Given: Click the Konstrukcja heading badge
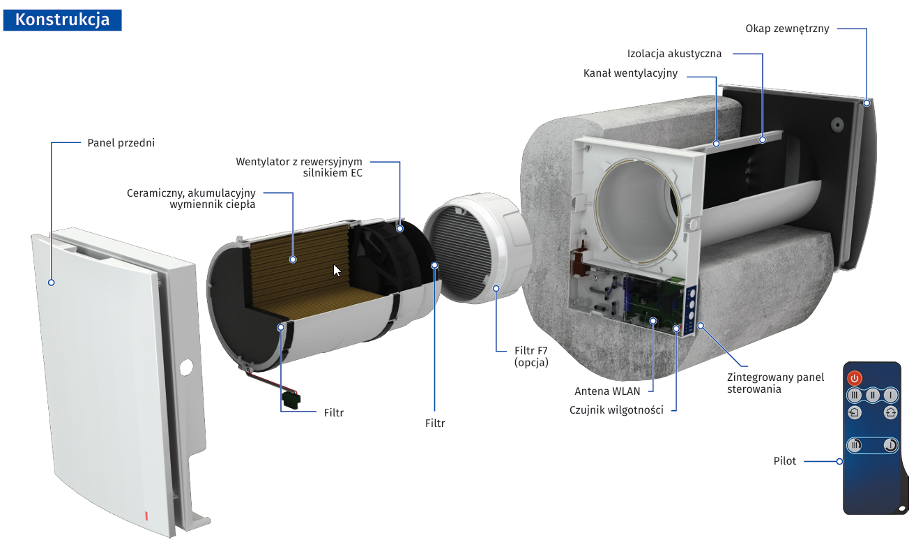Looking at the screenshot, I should pyautogui.click(x=62, y=20).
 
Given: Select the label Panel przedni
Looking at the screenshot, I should pyautogui.click(x=121, y=143).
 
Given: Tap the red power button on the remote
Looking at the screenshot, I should pyautogui.click(x=855, y=378).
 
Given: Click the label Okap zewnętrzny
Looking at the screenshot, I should pyautogui.click(x=787, y=29).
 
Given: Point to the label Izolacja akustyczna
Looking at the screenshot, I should pyautogui.click(x=674, y=53).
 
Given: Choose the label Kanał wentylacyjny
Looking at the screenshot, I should pyautogui.click(x=630, y=73).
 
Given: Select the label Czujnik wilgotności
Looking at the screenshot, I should pyautogui.click(x=616, y=410).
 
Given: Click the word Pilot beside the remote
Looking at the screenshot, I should pyautogui.click(x=785, y=461).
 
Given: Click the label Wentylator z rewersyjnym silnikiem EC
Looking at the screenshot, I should pyautogui.click(x=299, y=167).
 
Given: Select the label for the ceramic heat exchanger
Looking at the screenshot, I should pyautogui.click(x=191, y=198).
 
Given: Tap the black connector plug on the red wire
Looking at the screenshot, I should pyautogui.click(x=291, y=398).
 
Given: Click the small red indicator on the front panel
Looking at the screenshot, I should pyautogui.click(x=146, y=516).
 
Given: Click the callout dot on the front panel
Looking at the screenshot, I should pyautogui.click(x=51, y=283).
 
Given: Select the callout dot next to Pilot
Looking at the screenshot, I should pyautogui.click(x=840, y=461).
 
